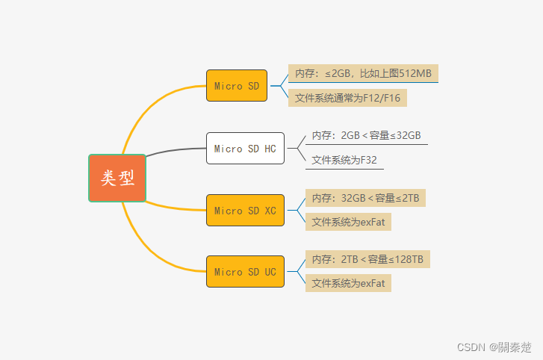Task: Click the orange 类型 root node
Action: (117, 178)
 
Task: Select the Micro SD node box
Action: (238, 86)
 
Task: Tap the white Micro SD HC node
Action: (245, 149)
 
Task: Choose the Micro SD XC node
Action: (245, 211)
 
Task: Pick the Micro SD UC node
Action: (245, 272)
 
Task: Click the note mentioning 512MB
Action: (363, 73)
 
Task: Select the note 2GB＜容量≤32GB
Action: (366, 135)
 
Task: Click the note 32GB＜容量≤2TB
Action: (365, 198)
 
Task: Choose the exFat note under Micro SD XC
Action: (348, 222)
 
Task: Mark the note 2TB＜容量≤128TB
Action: (367, 260)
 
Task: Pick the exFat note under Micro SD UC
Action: (348, 283)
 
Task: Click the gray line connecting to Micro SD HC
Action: (176, 151)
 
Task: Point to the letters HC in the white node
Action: (270, 149)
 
